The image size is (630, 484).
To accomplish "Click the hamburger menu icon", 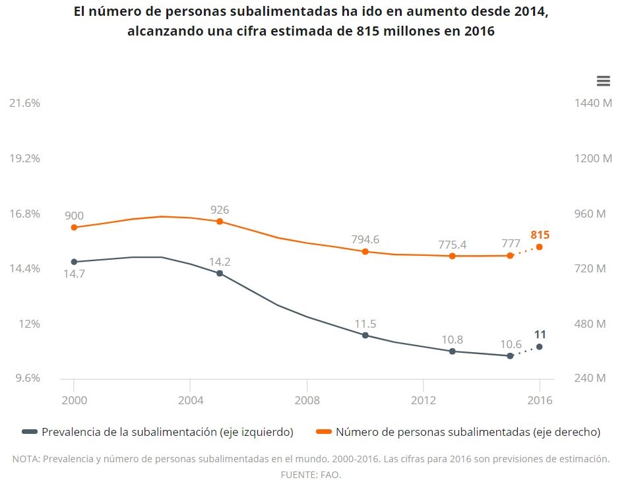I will click(x=603, y=80).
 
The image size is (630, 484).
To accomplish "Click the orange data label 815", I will click(x=540, y=235).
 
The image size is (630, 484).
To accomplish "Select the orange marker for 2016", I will click(x=540, y=247).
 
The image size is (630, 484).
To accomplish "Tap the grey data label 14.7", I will click(x=74, y=274).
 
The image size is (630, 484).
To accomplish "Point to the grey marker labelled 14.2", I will click(x=220, y=273).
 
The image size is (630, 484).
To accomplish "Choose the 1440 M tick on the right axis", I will click(x=594, y=104).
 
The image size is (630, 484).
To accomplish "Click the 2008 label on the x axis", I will click(x=307, y=400).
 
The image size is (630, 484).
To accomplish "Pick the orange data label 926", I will click(x=220, y=210).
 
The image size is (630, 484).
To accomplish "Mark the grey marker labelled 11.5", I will click(x=365, y=335).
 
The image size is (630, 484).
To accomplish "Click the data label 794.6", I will click(x=365, y=239).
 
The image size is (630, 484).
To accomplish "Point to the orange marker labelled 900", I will click(x=74, y=227).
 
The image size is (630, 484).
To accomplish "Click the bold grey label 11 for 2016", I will click(x=540, y=334).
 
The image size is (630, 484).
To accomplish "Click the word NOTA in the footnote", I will click(x=26, y=459).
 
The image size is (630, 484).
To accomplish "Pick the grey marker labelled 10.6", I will click(x=510, y=356).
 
